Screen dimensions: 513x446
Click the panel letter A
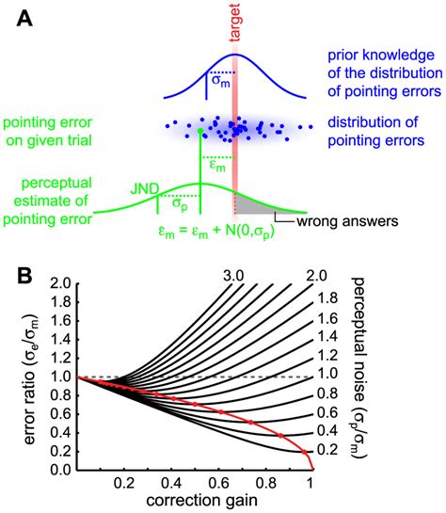(22, 17)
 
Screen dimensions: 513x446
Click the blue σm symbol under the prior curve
(217, 81)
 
